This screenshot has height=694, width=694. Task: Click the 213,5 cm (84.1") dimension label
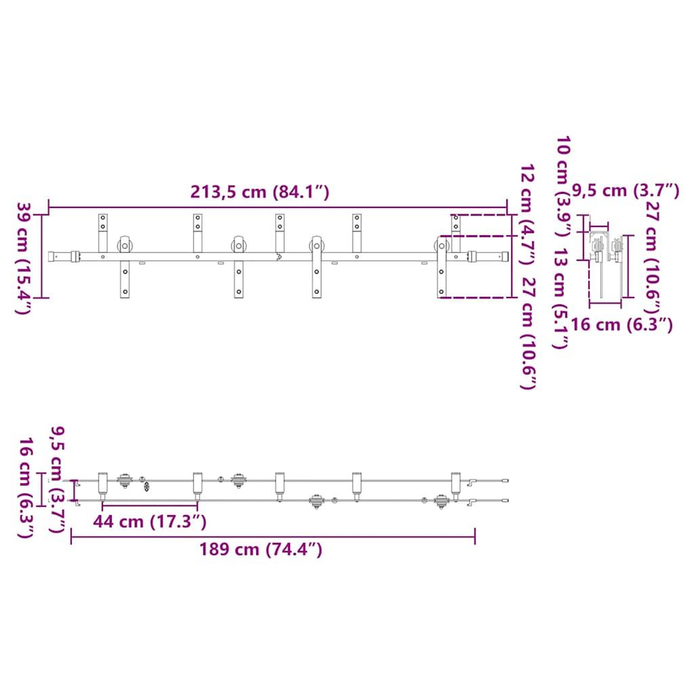pos(259,192)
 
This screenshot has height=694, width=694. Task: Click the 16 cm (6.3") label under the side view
pos(621,325)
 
